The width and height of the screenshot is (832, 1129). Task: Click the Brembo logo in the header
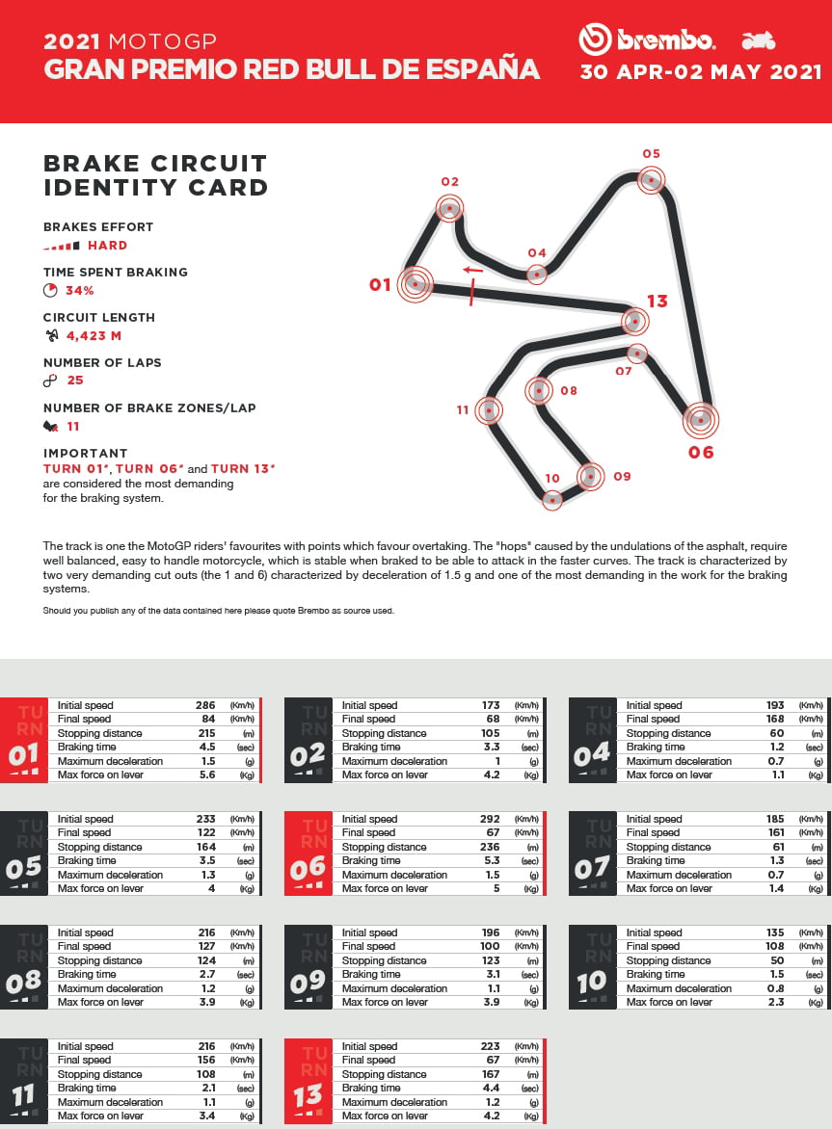647,40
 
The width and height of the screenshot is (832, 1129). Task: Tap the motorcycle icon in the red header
759,41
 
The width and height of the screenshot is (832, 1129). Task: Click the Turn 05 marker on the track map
653,179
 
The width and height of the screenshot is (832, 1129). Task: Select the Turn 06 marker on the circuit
701,419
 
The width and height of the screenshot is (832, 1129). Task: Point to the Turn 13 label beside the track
657,302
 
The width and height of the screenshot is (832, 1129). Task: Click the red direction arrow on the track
471,270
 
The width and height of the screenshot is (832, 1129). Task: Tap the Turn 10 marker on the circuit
552,499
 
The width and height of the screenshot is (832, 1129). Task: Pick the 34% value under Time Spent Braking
79,290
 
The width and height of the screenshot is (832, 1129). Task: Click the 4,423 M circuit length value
94,335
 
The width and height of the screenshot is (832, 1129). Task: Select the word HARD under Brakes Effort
107,245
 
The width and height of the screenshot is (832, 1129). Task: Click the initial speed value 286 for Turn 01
204,705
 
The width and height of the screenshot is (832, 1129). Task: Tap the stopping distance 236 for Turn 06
489,847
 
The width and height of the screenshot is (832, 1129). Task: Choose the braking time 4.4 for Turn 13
489,1088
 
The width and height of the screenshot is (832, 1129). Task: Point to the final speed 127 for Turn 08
204,946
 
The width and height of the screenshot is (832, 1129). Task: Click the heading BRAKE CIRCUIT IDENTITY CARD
155,174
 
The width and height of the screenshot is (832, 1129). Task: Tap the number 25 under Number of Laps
75,381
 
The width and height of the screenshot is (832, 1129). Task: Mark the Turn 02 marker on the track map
449,207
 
